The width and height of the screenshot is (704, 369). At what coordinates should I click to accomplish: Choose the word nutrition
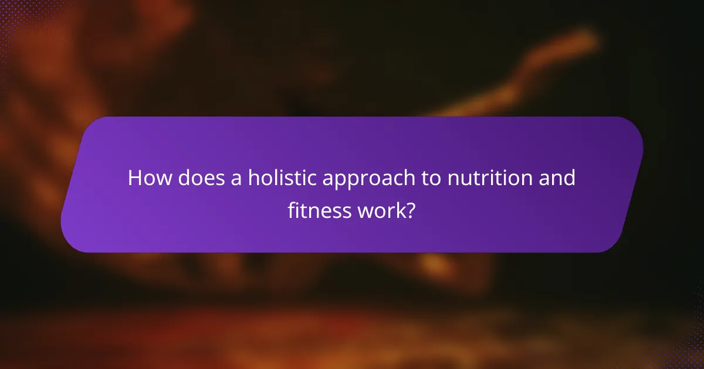pyautogui.click(x=489, y=178)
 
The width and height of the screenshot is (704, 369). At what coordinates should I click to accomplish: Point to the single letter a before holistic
pyautogui.click(x=235, y=179)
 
